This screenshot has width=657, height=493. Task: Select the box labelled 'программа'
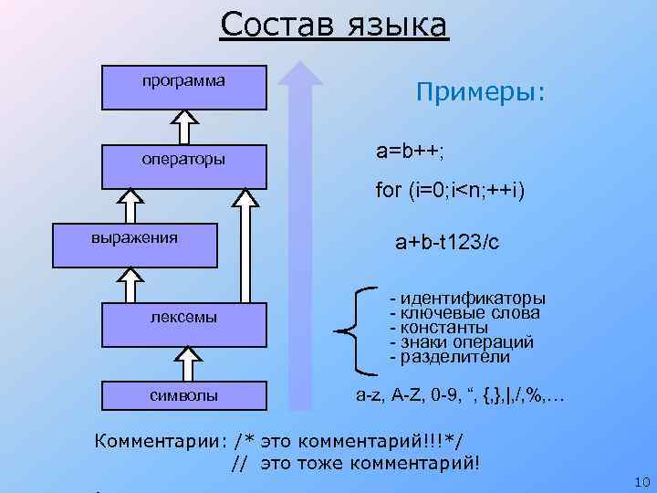[x=184, y=88]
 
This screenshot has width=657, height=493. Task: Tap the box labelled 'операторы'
[x=184, y=160]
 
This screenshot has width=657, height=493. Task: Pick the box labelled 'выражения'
[x=134, y=244]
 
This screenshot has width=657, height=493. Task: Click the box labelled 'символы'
[x=184, y=395]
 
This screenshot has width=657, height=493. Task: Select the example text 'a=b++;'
[x=411, y=149]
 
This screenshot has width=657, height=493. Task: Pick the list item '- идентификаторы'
[x=467, y=299]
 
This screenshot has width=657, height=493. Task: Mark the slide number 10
[x=638, y=481]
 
